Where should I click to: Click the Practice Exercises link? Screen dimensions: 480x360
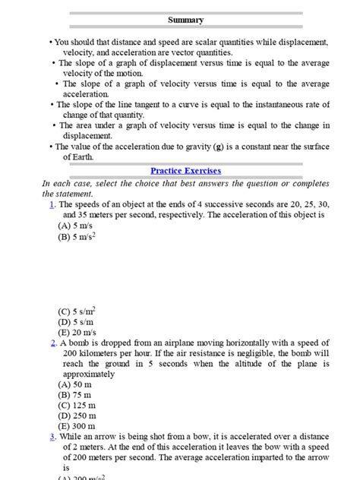185,172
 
